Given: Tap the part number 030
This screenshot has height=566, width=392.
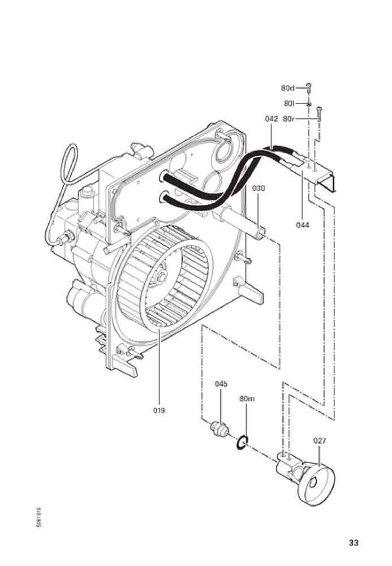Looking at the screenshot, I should pyautogui.click(x=259, y=188).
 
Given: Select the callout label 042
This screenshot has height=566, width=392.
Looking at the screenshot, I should pyautogui.click(x=271, y=119).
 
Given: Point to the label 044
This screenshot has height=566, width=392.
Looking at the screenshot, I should pyautogui.click(x=303, y=224).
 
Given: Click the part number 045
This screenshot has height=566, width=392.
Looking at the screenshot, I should pyautogui.click(x=221, y=384).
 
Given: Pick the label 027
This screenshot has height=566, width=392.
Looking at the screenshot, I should pyautogui.click(x=320, y=440).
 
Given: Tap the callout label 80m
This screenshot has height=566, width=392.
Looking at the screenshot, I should pyautogui.click(x=247, y=398).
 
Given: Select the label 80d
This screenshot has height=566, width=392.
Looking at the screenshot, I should pyautogui.click(x=287, y=88).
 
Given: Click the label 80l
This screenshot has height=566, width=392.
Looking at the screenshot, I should pyautogui.click(x=289, y=104).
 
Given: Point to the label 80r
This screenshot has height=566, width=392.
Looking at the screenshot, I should pyautogui.click(x=288, y=119).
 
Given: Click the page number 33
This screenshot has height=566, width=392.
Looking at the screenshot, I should pyautogui.click(x=354, y=543).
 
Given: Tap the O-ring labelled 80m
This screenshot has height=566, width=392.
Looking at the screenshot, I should pyautogui.click(x=242, y=443).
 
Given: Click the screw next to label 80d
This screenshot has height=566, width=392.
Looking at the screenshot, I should pyautogui.click(x=309, y=87).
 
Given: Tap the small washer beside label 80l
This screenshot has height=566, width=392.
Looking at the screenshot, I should pyautogui.click(x=309, y=104).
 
